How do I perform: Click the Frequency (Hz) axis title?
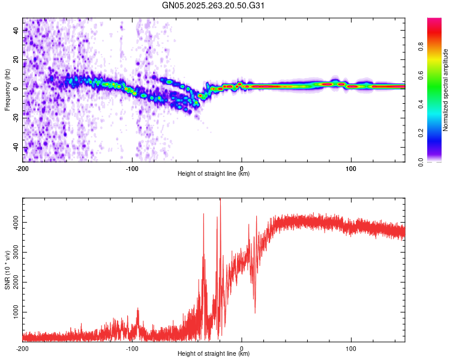[x=7, y=89]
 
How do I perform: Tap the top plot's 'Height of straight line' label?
[x=214, y=174]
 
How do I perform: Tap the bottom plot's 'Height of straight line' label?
[x=214, y=354]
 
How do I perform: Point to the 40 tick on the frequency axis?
[x=16, y=29]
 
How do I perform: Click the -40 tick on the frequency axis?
[x=16, y=148]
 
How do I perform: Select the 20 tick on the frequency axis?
[x=16, y=59]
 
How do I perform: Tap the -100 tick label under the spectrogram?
[x=133, y=167]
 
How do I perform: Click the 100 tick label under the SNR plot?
[x=350, y=347]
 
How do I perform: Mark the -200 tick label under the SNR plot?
[x=23, y=347]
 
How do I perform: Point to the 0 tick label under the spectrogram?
[x=241, y=167]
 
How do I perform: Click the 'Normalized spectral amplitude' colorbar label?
[x=446, y=90]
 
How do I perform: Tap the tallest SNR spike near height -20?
[x=220, y=202]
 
